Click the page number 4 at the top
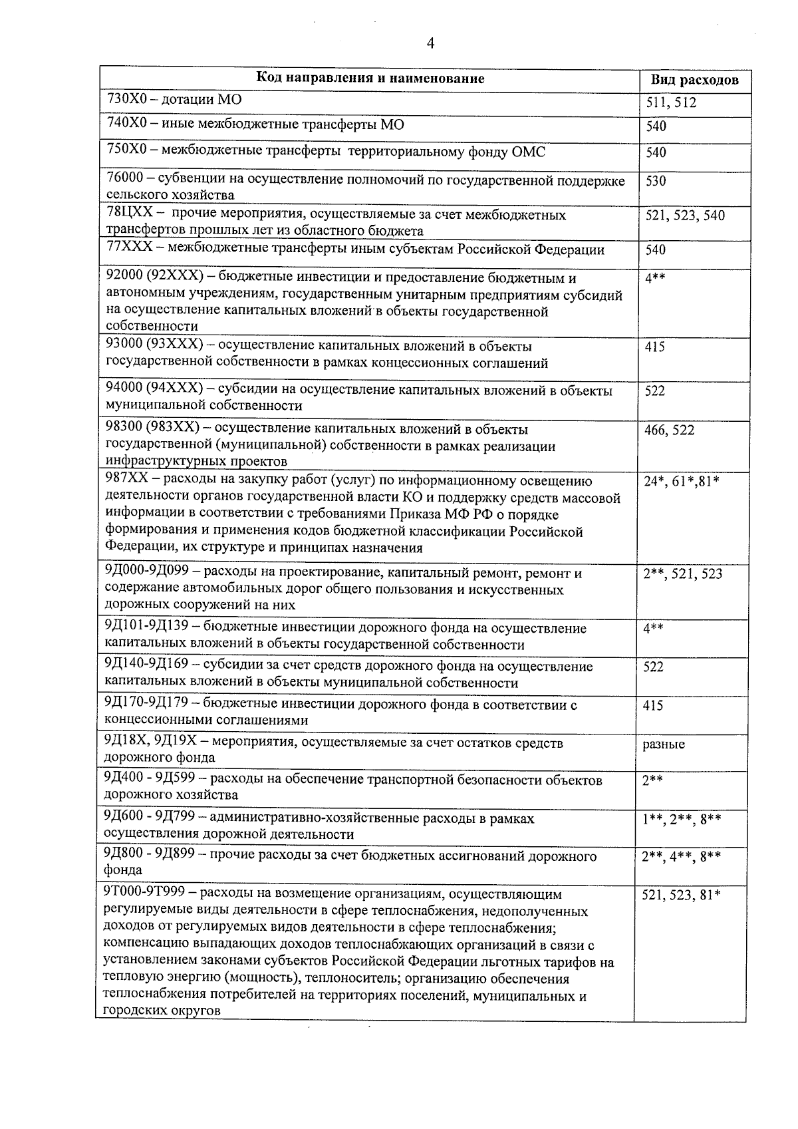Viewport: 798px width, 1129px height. (430, 43)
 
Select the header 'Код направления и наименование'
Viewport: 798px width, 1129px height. (370, 79)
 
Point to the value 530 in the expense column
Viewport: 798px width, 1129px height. (655, 181)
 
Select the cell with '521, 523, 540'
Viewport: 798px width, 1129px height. (685, 216)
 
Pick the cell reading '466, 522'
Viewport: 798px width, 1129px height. (669, 430)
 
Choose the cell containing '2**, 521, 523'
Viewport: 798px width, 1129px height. (682, 573)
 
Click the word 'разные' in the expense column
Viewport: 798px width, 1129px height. (663, 744)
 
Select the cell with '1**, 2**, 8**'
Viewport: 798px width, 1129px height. (682, 820)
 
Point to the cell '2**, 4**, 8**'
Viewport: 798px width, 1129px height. (682, 857)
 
